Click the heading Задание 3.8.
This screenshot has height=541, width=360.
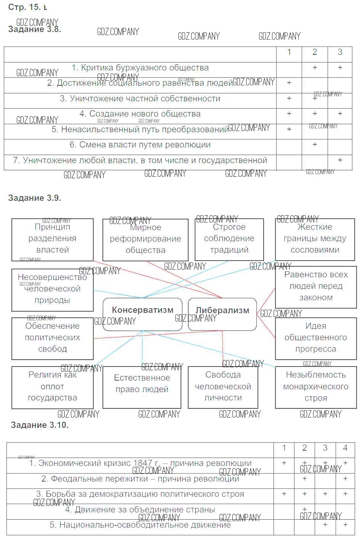34,29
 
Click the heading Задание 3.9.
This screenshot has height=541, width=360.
34,198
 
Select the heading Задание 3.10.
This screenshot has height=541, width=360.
40,425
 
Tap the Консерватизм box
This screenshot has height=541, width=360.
142,314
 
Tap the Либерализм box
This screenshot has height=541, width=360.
222,314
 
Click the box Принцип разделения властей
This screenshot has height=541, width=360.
52,239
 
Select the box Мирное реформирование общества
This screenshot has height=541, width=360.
145,239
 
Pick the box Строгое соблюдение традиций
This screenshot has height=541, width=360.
229,239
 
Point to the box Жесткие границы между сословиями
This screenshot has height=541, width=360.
315,239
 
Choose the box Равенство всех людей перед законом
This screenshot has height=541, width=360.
316,286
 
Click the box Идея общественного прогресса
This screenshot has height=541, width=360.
316,338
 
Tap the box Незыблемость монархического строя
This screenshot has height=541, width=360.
316,387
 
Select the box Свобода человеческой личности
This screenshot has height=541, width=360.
223,387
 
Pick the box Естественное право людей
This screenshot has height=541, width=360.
142,387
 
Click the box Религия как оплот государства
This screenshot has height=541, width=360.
52,387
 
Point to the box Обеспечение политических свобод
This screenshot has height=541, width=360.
52,338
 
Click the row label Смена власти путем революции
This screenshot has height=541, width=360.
140,145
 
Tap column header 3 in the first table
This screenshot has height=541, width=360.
340,52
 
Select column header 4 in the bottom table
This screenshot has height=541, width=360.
345,448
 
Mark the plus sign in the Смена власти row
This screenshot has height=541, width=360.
315,145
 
